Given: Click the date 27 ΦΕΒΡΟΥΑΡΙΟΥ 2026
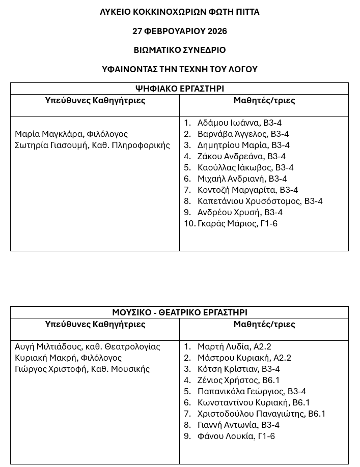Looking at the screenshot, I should (x=179, y=31).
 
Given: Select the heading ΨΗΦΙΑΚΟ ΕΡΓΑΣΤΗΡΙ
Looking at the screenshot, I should (x=179, y=89).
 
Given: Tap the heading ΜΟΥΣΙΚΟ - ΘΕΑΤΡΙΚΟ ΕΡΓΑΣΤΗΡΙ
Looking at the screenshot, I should (x=179, y=312).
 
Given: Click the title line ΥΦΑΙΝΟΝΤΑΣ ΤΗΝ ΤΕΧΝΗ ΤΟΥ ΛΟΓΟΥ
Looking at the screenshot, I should (x=179, y=69).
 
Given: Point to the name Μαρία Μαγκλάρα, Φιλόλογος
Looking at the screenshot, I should (x=71, y=134).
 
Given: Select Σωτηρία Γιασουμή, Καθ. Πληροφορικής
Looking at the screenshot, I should (x=92, y=145).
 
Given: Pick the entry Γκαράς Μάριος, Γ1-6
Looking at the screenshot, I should (x=237, y=223).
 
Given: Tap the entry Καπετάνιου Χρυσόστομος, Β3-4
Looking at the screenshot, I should (x=260, y=201).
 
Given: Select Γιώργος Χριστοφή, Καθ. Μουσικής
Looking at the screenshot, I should (x=82, y=369).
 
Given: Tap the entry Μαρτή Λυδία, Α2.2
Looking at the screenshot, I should (x=234, y=346).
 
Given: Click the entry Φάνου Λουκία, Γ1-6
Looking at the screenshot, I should (x=236, y=436).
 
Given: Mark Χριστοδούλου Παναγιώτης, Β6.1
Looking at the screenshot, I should (x=261, y=414).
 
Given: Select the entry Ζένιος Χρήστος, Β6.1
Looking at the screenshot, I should (x=238, y=380).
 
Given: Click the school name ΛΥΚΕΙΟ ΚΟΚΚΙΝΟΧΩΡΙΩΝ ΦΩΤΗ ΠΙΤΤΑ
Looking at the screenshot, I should (x=179, y=12).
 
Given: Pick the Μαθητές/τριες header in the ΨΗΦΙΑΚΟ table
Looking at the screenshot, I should (x=264, y=100).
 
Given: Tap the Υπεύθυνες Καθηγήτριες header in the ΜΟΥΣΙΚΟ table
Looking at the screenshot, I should (x=95, y=324).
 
